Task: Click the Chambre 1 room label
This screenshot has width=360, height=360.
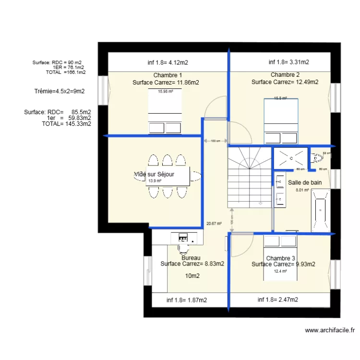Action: coord(168,75)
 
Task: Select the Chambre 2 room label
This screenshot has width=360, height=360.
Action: coord(285,75)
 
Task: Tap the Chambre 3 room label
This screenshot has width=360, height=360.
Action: coord(281,258)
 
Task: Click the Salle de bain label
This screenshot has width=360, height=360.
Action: coord(305,182)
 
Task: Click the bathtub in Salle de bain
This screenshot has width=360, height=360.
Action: coord(320,210)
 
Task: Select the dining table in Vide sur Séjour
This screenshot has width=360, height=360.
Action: coord(168,177)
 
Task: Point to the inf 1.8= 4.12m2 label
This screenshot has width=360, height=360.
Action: coord(168,62)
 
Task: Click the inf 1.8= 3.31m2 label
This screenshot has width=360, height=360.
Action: coord(288,62)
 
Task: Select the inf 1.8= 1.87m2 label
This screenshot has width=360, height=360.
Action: coord(187,300)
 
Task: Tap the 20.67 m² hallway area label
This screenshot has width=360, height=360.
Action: coord(214,224)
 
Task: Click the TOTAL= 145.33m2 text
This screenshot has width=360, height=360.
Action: coord(66,124)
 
